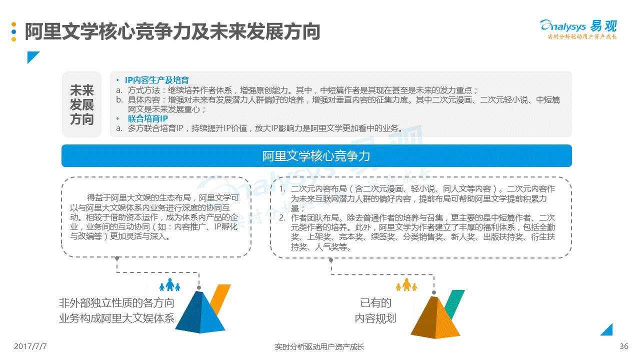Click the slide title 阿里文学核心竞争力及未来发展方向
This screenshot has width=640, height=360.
(172, 31)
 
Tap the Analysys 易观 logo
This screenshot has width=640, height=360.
(578, 26)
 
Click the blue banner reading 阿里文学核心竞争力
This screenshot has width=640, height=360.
(316, 156)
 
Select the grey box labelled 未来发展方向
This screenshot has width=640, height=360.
(82, 104)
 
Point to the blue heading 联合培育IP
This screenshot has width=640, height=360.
(147, 118)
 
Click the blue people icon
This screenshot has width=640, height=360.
(169, 285)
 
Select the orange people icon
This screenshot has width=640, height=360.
(406, 285)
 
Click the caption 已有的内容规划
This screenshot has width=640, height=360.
(375, 310)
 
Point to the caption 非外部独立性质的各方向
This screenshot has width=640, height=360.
(116, 303)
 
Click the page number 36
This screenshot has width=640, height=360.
(623, 346)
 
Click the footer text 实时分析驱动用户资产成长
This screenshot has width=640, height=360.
(319, 346)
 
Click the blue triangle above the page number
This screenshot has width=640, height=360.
(607, 330)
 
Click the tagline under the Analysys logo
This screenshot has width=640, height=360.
(582, 37)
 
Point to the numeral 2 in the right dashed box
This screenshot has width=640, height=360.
(282, 217)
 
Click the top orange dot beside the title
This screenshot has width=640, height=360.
(14, 24)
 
